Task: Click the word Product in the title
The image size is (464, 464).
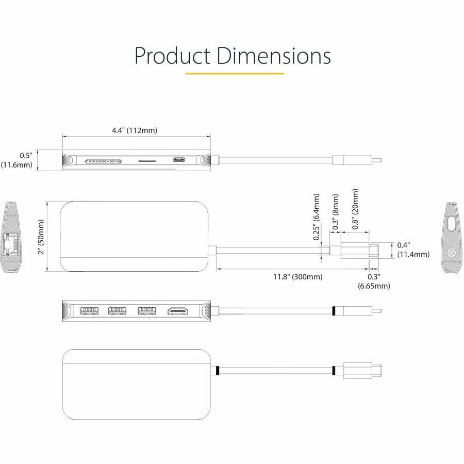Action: (172, 56)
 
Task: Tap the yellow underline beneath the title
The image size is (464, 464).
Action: (235, 73)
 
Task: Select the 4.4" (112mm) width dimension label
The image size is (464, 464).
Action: (135, 130)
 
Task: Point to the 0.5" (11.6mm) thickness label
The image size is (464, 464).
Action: (18, 160)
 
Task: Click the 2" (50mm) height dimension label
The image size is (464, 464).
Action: (41, 237)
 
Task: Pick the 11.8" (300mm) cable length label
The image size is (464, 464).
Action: (298, 277)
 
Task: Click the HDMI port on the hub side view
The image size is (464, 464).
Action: (177, 311)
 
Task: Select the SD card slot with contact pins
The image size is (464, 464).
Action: (105, 161)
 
